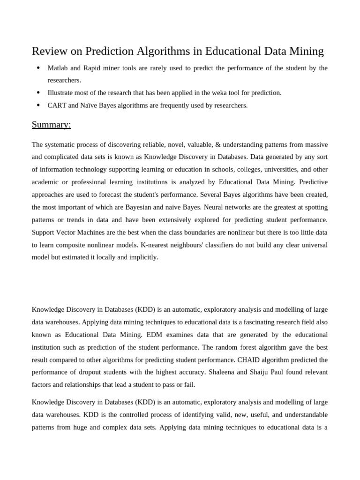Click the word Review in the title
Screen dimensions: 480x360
point(50,51)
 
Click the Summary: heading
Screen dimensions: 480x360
point(51,125)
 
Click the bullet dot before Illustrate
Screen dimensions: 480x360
point(38,93)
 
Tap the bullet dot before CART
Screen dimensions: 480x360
point(38,105)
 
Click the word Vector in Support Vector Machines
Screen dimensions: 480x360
point(70,232)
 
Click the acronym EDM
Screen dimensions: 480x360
point(154,335)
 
